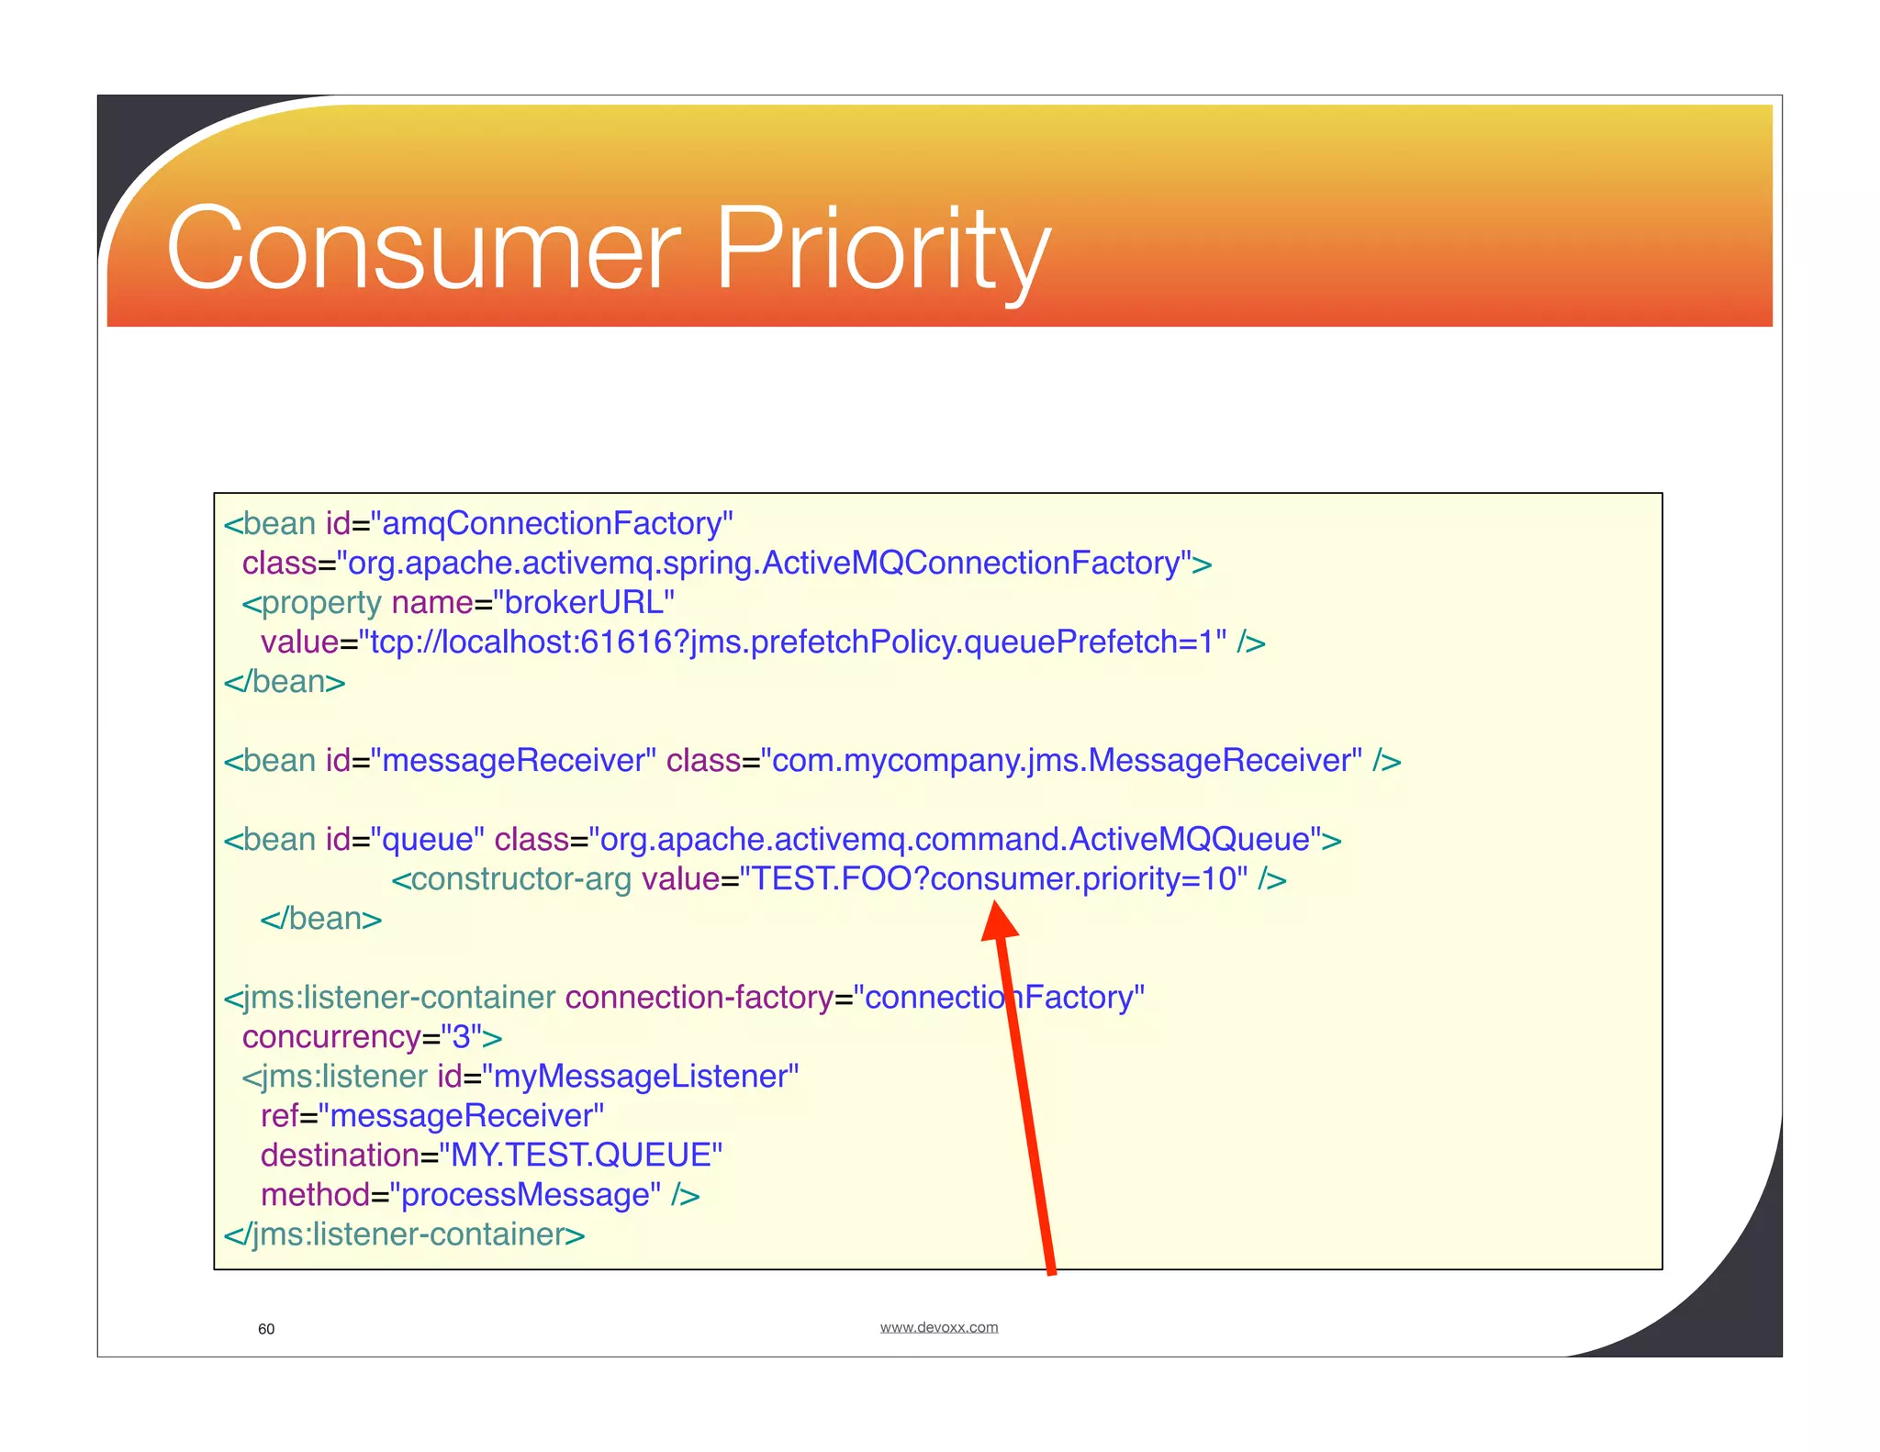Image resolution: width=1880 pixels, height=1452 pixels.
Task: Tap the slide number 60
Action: click(266, 1329)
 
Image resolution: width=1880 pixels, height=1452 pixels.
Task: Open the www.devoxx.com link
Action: click(938, 1327)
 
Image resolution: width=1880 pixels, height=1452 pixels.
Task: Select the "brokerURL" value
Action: click(583, 602)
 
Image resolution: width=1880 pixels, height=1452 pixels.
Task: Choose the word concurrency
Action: click(331, 1037)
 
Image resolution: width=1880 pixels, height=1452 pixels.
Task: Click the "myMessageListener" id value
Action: click(640, 1077)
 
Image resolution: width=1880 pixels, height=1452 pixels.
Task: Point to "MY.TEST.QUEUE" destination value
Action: click(580, 1156)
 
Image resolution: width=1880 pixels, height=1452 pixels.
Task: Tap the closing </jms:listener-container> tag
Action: click(404, 1234)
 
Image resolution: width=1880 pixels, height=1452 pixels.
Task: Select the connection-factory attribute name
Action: click(699, 998)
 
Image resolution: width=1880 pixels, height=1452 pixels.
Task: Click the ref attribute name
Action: click(279, 1116)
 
